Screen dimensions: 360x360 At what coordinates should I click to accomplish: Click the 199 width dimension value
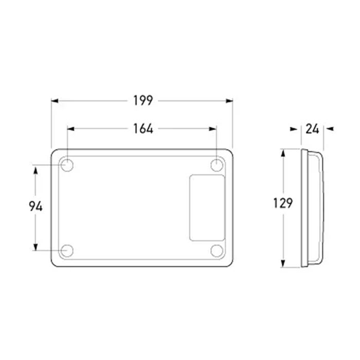coord(143,101)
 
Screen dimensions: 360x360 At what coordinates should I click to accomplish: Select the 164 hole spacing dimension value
coord(143,129)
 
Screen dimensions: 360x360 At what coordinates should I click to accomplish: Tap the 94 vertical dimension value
coord(35,206)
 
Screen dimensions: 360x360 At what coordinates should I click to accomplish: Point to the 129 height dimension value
coord(283,203)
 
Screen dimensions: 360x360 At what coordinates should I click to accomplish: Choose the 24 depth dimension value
coord(312,129)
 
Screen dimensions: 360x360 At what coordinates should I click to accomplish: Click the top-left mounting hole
coord(67,165)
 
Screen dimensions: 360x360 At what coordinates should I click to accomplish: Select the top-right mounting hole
coord(217,165)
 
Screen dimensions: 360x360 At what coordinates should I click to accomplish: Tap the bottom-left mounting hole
coord(67,251)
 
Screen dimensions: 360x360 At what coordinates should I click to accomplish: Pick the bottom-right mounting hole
coord(217,251)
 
